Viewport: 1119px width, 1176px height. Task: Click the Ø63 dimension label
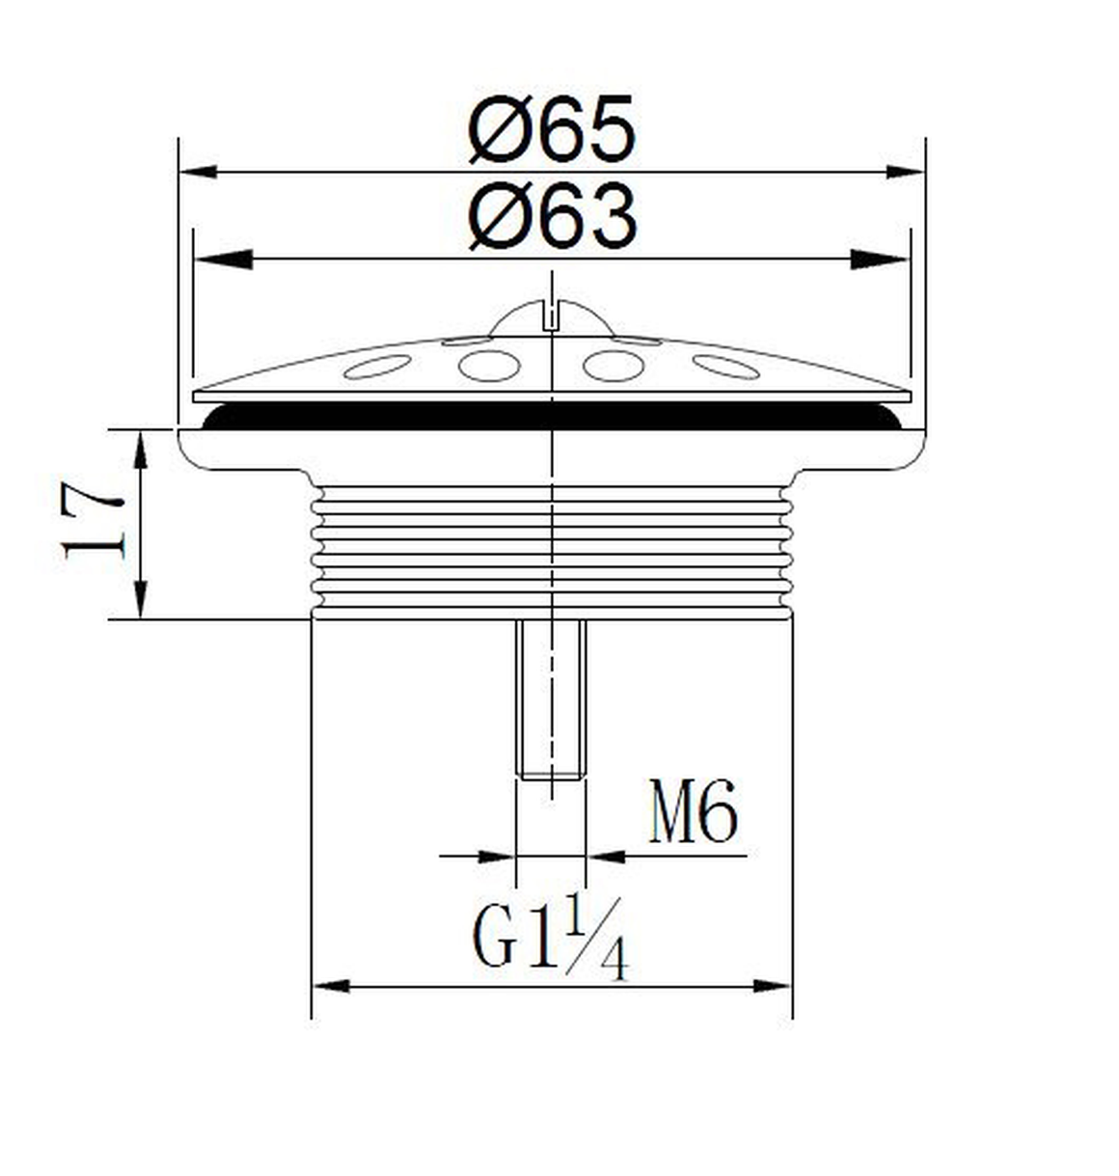pyautogui.click(x=551, y=216)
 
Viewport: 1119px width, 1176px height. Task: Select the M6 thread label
pyautogui.click(x=694, y=811)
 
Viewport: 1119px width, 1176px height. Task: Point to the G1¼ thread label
pyautogui.click(x=550, y=939)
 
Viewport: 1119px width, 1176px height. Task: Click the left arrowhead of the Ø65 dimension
pyautogui.click(x=199, y=173)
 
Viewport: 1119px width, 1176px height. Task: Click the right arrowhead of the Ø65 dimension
pyautogui.click(x=906, y=173)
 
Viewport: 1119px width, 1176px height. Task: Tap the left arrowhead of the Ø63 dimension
pyautogui.click(x=224, y=260)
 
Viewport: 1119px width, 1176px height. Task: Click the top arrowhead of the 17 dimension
pyautogui.click(x=141, y=450)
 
